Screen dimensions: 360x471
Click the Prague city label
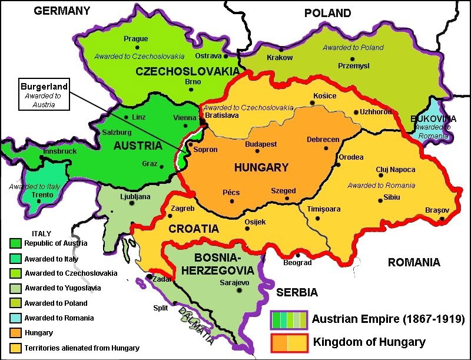135,39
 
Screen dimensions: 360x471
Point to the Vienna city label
185,118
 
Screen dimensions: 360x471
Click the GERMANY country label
62,11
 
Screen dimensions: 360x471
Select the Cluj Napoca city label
395,170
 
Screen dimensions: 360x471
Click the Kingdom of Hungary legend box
289,342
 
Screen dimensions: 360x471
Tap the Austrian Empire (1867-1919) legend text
388,319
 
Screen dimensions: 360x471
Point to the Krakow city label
279,58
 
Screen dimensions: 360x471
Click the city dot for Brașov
442,220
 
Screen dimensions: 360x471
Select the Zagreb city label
182,209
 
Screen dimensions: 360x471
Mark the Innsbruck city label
60,151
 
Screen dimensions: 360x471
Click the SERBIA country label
297,293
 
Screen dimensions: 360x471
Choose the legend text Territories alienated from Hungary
82,348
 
